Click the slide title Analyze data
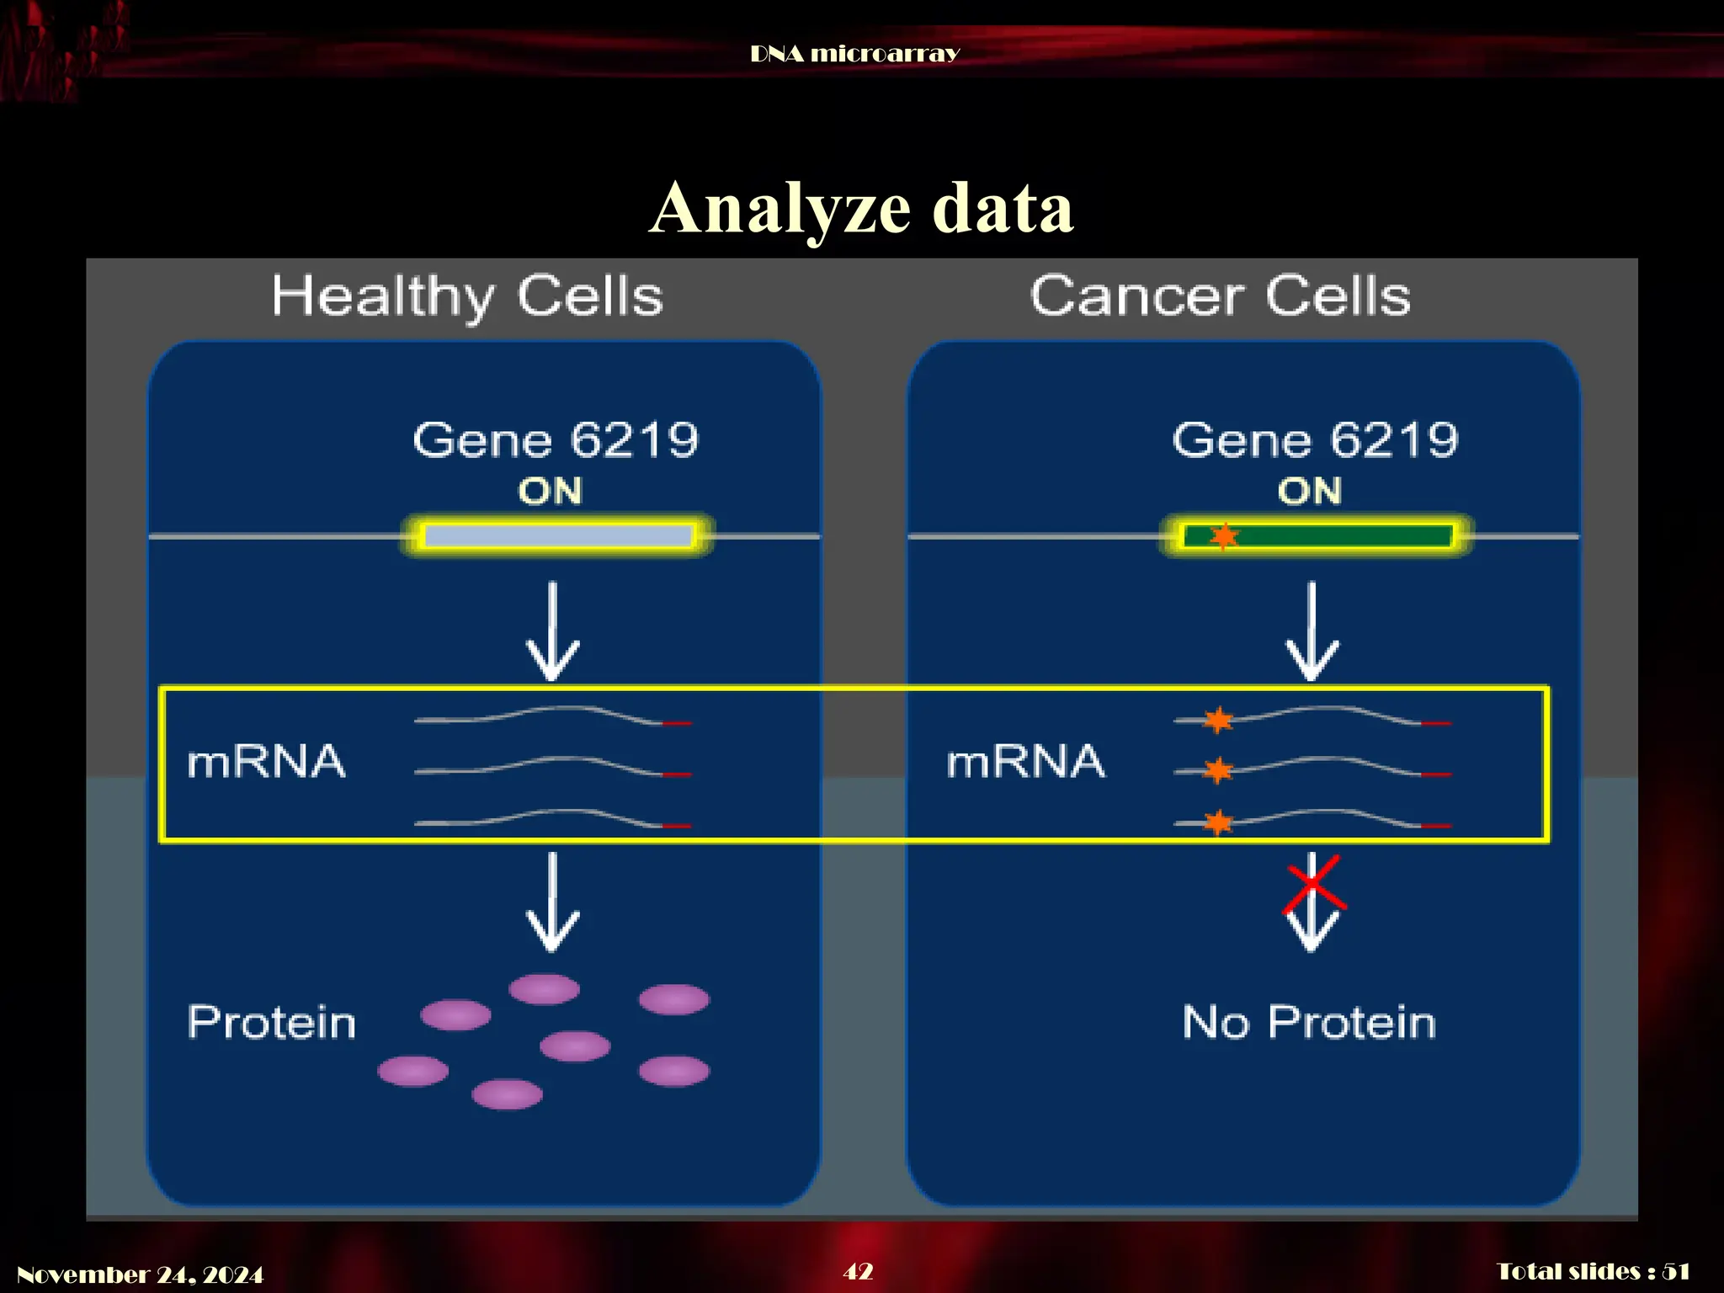point(861,208)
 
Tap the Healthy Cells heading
point(467,296)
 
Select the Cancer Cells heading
point(1220,296)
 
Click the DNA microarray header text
point(854,54)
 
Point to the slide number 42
point(858,1271)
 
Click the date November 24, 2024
point(140,1274)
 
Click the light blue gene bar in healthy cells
point(557,536)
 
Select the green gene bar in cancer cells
point(1338,536)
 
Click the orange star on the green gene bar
point(1224,535)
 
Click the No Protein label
point(1309,1023)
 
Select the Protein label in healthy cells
point(271,1023)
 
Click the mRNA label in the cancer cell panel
point(1025,762)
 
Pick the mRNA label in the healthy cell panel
point(266,762)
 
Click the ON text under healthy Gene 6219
point(550,491)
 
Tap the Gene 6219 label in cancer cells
point(1315,439)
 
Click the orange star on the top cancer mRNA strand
point(1218,720)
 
